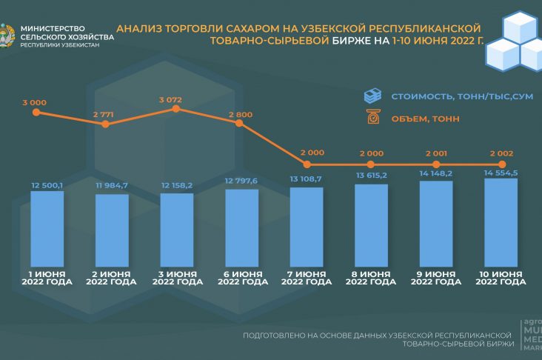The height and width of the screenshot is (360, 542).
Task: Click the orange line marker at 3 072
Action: (x=176, y=109)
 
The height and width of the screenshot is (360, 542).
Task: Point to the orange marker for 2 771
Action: (x=106, y=124)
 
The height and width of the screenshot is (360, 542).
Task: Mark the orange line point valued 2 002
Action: (x=502, y=164)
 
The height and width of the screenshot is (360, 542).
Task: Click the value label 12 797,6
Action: (x=241, y=181)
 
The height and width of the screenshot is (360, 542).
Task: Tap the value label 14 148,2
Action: (x=435, y=174)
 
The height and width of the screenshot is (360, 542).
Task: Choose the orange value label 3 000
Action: (x=34, y=102)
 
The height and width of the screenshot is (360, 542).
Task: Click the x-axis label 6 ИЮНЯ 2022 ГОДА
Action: (x=241, y=278)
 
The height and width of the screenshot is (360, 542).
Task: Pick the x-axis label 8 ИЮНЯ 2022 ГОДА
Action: (x=371, y=278)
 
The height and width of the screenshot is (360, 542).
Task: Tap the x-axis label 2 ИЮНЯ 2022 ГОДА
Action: (x=112, y=278)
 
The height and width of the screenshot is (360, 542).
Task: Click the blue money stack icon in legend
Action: (x=372, y=96)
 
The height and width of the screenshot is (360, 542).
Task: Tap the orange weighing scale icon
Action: (x=372, y=117)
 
